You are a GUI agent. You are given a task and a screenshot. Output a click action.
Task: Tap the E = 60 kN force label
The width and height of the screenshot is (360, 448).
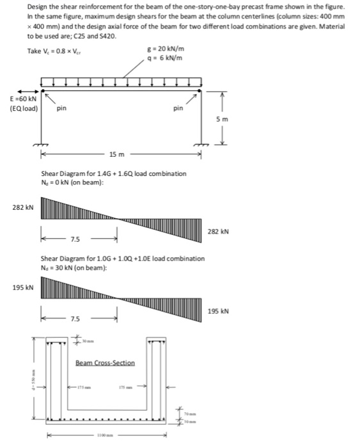pos(23,100)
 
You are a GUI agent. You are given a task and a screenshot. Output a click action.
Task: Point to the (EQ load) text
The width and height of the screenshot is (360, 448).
pos(24,109)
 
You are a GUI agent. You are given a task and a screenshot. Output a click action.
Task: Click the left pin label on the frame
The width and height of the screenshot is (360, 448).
pos(61,109)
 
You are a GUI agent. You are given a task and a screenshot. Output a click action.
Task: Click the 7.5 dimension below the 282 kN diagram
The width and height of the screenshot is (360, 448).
pos(75,239)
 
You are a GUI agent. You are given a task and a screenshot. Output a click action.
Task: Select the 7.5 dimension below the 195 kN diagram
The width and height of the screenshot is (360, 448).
pos(75,319)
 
